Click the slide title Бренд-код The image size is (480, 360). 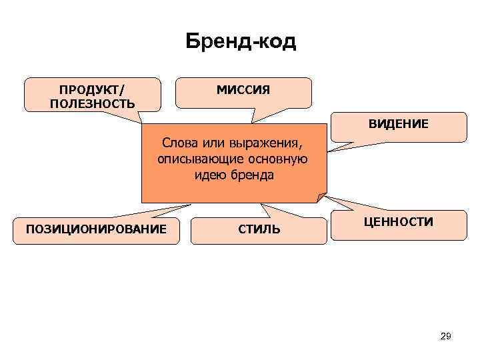click(240, 43)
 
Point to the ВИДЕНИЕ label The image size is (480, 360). click(399, 124)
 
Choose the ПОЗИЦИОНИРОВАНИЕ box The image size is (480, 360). click(96, 229)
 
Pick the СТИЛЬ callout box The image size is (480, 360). click(259, 230)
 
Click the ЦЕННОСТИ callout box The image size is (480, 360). click(399, 222)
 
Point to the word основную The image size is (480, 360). click(279, 160)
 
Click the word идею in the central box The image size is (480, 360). click(209, 176)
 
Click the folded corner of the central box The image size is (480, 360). click(322, 197)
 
